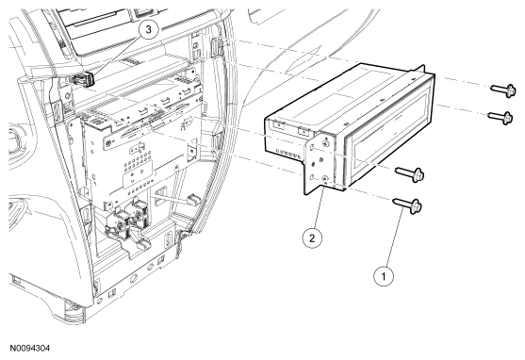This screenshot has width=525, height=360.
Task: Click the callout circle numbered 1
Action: click(384, 276)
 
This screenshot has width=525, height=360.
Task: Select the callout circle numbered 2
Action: click(312, 238)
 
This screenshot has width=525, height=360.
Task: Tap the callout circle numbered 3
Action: click(148, 29)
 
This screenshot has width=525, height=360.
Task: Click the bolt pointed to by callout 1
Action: click(407, 205)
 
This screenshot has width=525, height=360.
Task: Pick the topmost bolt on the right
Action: click(503, 90)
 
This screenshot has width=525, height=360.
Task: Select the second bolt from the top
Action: click(500, 117)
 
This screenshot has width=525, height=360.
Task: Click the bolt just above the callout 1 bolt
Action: click(410, 173)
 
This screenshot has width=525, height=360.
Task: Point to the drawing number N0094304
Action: click(30, 349)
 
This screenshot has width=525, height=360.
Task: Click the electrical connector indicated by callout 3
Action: click(82, 79)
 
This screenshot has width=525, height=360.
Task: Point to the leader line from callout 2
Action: click(318, 207)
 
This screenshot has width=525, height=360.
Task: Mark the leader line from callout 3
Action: click(116, 57)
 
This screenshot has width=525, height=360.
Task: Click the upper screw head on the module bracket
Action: click(325, 143)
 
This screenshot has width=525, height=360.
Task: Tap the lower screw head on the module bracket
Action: click(324, 179)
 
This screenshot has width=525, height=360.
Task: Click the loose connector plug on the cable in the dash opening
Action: click(193, 199)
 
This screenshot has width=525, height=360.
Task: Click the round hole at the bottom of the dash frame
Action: click(134, 278)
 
